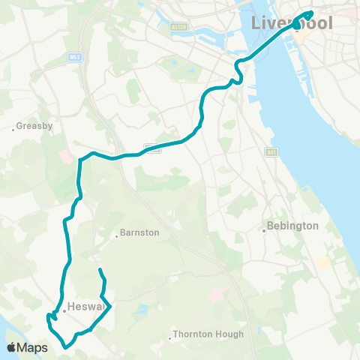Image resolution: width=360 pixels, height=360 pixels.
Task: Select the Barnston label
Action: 140,232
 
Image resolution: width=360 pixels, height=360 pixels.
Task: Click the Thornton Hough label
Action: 208,334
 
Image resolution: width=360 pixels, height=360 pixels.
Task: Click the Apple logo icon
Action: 12,347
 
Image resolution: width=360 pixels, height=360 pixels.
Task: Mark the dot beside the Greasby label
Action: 13,129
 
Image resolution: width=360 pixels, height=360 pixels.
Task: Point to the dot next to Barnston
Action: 117,236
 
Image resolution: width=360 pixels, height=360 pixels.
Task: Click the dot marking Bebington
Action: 265,230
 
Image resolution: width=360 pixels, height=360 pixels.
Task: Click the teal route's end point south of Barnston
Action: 100,268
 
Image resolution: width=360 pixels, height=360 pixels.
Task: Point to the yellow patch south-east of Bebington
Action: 322,263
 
